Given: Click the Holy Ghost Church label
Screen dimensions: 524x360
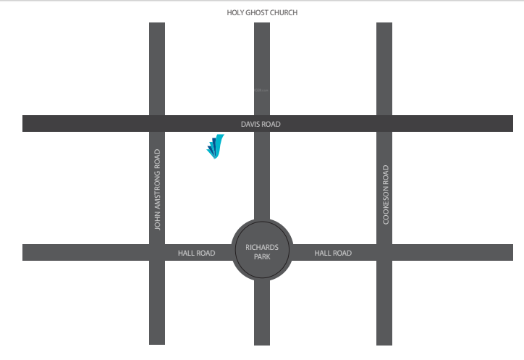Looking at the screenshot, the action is click(x=262, y=13).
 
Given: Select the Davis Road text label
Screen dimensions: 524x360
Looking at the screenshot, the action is click(x=261, y=125).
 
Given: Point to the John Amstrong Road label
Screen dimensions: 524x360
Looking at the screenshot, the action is click(x=157, y=190).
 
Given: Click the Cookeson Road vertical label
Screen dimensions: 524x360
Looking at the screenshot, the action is click(x=386, y=194).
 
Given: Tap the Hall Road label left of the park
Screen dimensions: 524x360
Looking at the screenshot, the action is click(x=196, y=253).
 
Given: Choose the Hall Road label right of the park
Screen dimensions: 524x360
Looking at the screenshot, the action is click(x=333, y=253).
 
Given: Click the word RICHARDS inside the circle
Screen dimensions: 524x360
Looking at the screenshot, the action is click(x=262, y=247).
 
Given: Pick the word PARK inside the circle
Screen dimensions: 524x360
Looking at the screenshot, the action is click(x=262, y=257).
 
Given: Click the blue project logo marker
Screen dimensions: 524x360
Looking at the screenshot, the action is click(x=215, y=146).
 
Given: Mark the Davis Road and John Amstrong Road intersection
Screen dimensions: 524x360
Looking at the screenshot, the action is click(x=157, y=123).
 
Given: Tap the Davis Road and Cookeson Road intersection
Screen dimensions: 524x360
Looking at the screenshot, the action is click(x=384, y=123).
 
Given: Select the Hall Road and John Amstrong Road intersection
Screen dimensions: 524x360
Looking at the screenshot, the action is click(x=157, y=252).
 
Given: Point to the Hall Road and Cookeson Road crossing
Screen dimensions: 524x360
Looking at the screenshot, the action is click(x=384, y=252).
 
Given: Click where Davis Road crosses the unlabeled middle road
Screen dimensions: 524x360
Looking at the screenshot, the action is click(x=262, y=123).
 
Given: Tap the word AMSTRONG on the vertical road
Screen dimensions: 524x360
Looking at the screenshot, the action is click(x=157, y=184).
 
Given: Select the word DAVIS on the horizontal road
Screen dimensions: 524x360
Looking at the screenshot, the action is click(x=250, y=125).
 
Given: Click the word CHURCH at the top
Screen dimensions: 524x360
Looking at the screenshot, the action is click(x=284, y=13).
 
